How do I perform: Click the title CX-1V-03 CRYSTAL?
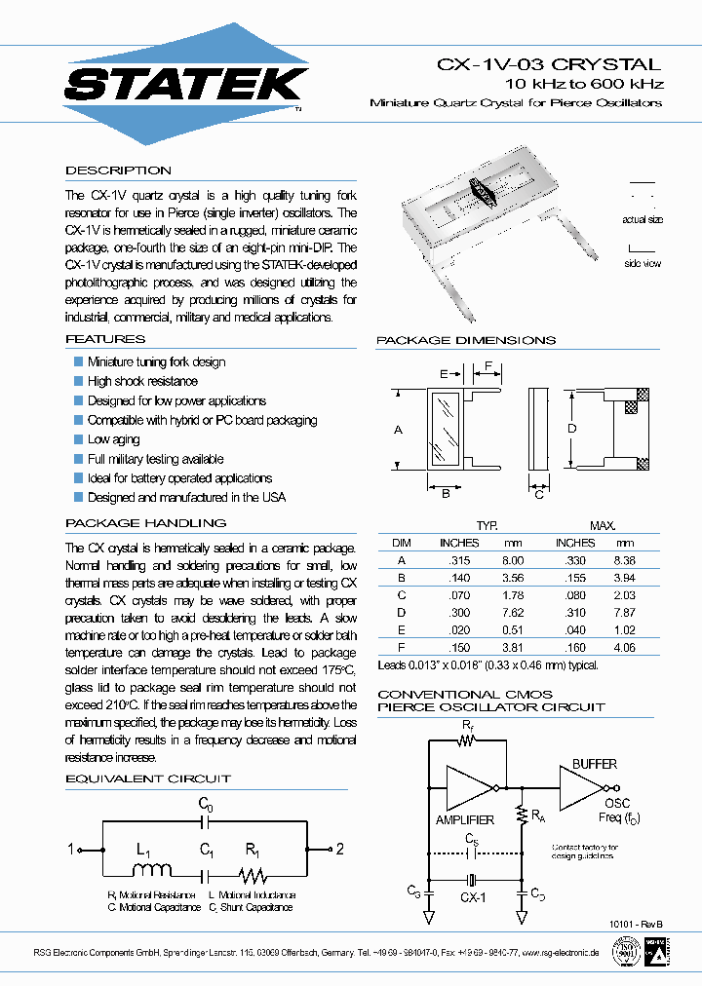547,64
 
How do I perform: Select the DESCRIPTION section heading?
118,171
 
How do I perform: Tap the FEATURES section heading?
104,339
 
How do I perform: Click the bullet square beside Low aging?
79,439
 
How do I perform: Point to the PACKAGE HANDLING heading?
145,523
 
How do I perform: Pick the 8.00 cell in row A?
513,560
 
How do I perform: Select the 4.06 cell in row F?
624,648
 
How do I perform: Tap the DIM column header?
402,543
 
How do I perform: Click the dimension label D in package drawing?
572,429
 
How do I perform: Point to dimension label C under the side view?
539,494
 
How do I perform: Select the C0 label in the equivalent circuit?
206,804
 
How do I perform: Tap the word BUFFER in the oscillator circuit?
595,765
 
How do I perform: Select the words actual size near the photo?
643,220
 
